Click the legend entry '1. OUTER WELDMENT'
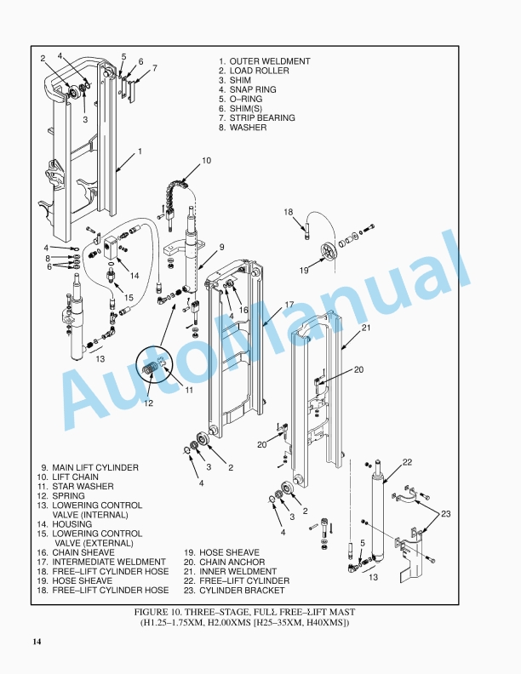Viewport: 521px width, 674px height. [x=264, y=61]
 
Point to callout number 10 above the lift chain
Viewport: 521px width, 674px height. [x=206, y=160]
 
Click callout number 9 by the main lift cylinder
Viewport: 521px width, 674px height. [x=220, y=248]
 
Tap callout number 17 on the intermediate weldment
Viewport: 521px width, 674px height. [x=289, y=305]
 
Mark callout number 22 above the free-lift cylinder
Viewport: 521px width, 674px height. [x=407, y=462]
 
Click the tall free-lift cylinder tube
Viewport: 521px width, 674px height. [x=375, y=511]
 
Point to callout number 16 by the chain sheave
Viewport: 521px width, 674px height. [x=243, y=311]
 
